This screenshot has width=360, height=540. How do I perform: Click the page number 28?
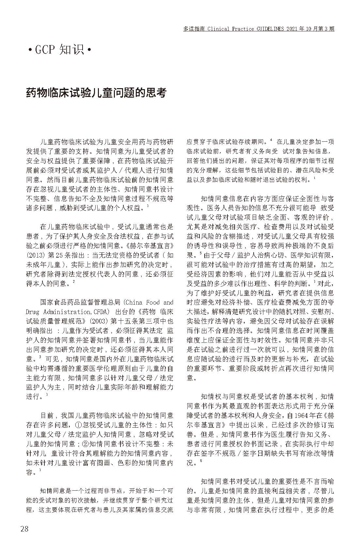tap(24, 529)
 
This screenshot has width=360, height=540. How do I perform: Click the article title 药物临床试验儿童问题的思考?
tap(96, 93)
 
